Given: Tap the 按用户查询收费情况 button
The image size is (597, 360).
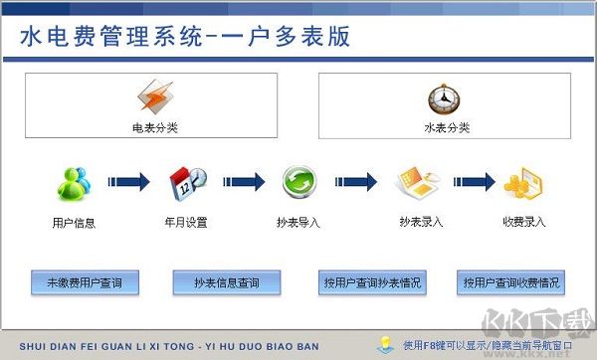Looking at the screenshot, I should [511, 282].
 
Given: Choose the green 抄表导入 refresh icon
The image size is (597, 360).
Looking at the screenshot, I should [298, 183].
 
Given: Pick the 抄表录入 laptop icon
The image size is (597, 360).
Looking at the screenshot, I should [418, 183].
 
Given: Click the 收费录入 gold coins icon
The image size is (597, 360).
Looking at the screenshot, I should [523, 183].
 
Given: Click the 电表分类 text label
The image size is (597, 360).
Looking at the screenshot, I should [154, 128].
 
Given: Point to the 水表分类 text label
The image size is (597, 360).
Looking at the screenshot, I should [446, 128].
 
